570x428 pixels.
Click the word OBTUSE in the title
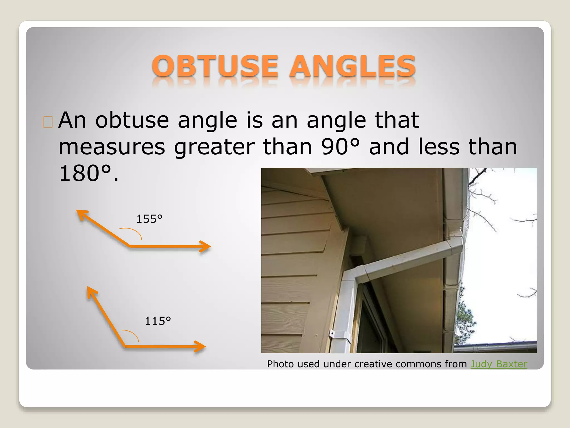click(x=215, y=66)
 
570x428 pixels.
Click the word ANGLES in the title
click(x=352, y=66)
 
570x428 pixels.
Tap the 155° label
click(x=149, y=219)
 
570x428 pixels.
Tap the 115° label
click(x=158, y=321)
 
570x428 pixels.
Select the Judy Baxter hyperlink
click(x=498, y=364)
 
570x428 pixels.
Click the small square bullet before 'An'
click(x=48, y=122)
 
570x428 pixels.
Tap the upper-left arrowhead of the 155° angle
click(x=81, y=214)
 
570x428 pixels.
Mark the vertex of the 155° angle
click(x=130, y=246)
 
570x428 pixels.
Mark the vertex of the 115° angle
click(x=125, y=346)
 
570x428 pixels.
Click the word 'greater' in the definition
click(x=214, y=147)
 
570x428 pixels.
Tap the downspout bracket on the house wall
click(x=332, y=333)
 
